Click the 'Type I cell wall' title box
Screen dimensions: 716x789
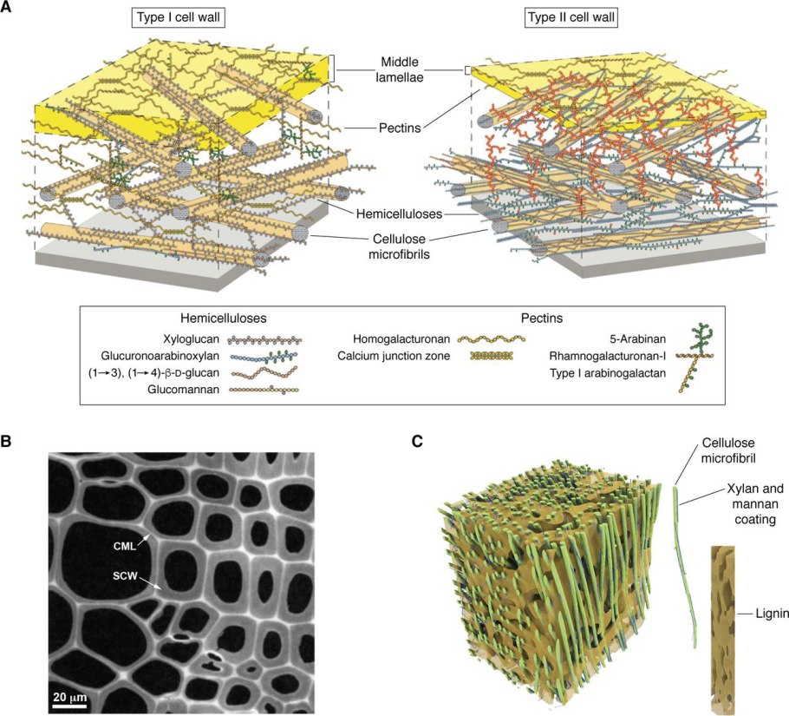pos(180,17)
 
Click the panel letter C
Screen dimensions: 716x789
pos(418,442)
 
